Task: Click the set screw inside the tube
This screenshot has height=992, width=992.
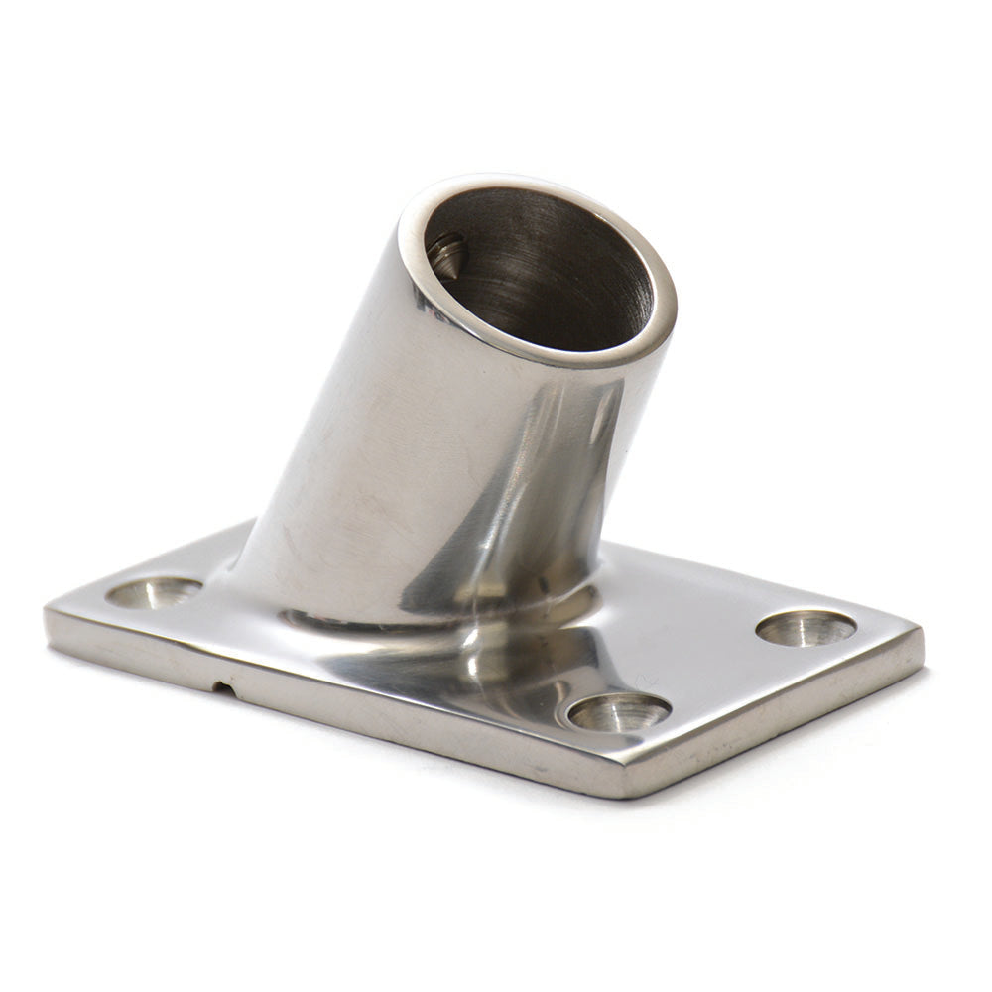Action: point(446,257)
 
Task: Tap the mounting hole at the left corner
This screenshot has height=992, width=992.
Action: point(154,592)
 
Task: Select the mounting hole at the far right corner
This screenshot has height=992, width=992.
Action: point(806,627)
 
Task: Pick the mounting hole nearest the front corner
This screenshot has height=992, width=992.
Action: point(619,711)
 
